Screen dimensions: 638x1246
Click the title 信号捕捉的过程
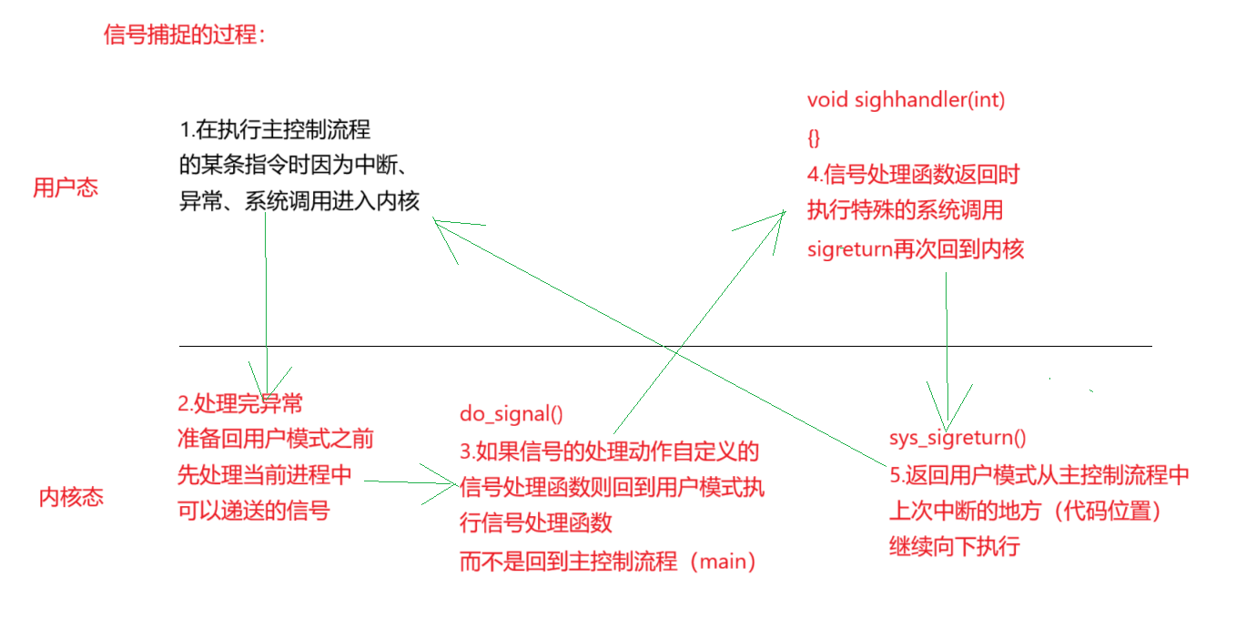point(185,35)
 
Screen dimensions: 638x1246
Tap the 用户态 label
point(66,188)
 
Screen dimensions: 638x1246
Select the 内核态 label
point(71,498)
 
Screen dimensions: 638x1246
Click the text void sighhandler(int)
point(906,100)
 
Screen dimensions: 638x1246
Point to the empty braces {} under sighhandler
point(814,137)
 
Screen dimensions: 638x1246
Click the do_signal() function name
point(511,414)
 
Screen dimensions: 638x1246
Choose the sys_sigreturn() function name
point(957,438)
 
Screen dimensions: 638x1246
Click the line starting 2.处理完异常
point(239,403)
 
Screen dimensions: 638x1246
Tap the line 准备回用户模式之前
point(275,439)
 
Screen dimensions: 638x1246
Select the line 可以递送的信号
point(253,511)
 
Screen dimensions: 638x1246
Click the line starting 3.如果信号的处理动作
point(609,451)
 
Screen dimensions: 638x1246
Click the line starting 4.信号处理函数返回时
point(919,175)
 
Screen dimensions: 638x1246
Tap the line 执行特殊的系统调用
point(905,211)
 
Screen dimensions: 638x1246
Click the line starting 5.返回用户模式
point(1038,475)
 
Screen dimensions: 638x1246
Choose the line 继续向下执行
point(953,547)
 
